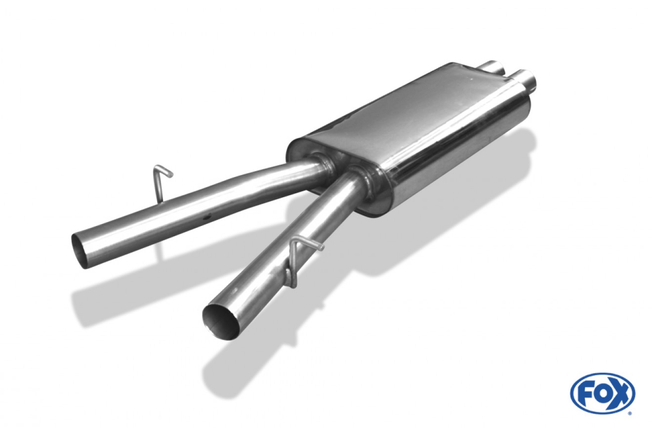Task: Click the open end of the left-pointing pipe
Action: pos(80,250)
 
